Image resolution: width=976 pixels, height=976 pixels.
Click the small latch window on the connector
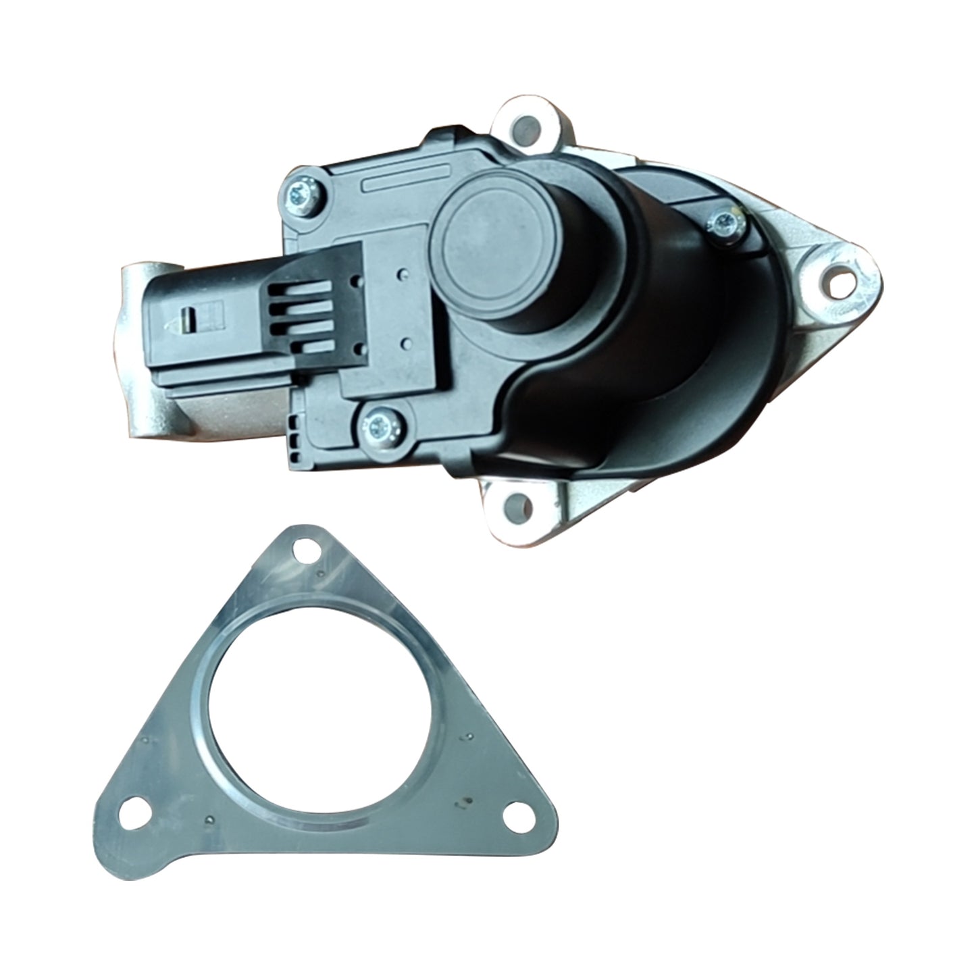tap(190, 314)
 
